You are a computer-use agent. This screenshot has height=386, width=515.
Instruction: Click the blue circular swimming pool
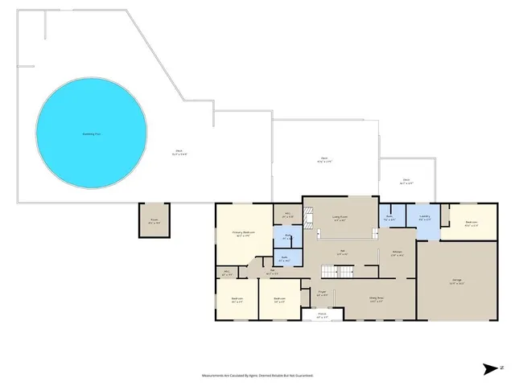[92, 133]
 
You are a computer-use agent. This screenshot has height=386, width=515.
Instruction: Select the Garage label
[456, 281]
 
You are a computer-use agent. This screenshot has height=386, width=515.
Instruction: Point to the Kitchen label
[398, 253]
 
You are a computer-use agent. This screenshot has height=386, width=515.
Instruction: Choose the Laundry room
[424, 217]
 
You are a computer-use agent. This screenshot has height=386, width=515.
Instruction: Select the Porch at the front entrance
[321, 316]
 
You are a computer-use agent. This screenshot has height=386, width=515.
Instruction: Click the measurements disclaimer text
[257, 375]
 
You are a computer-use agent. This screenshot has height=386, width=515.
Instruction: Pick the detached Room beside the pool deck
[154, 220]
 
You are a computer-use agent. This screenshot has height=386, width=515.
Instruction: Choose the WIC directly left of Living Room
[287, 216]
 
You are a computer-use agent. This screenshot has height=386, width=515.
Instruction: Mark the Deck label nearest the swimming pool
[179, 152]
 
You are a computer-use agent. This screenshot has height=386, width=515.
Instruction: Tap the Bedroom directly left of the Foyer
[279, 299]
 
